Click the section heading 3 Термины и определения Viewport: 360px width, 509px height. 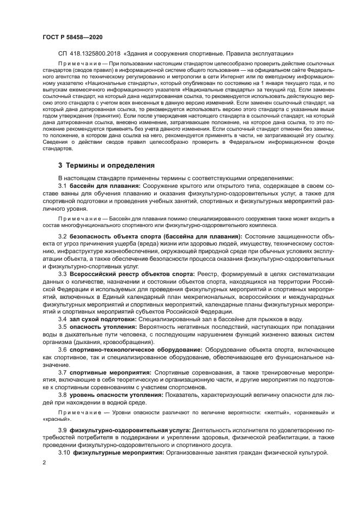[106, 165]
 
